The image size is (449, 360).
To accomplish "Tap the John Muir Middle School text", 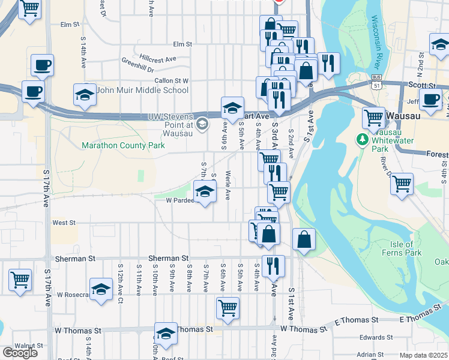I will (143, 91).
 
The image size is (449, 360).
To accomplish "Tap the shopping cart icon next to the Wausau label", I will (374, 118).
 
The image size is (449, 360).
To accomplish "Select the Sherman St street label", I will (76, 259).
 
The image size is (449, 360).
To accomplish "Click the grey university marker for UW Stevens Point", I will (202, 124).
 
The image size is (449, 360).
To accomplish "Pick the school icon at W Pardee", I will (205, 191).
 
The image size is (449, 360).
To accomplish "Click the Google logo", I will (20, 353).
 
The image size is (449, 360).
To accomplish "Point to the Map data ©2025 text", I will (423, 355).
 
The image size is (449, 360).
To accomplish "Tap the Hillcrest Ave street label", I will (157, 59).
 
